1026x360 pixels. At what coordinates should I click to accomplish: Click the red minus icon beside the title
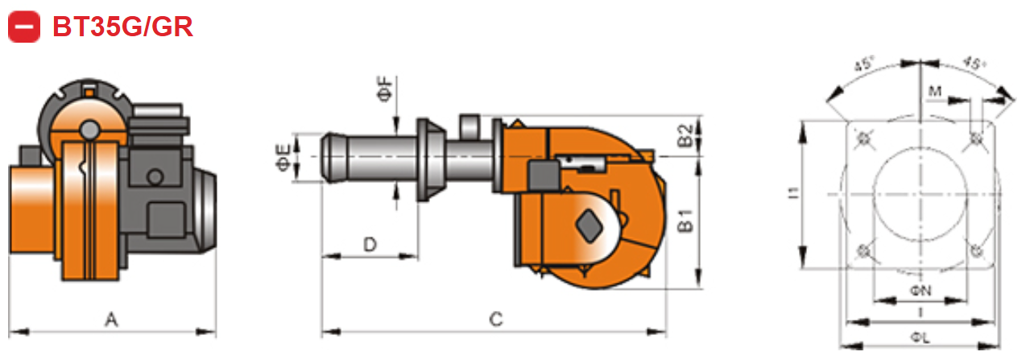click(x=24, y=27)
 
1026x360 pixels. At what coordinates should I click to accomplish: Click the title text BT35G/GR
click(x=122, y=27)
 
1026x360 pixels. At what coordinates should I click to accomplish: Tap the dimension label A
click(x=112, y=321)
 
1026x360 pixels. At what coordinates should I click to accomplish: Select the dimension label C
click(x=496, y=321)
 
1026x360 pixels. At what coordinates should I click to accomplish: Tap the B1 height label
click(x=685, y=221)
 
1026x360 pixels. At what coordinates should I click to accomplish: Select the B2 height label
click(x=685, y=136)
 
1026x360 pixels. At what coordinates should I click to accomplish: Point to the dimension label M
click(x=935, y=92)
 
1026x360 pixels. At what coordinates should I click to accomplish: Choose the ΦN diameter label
click(x=920, y=289)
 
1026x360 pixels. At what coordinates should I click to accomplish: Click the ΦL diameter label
click(x=920, y=339)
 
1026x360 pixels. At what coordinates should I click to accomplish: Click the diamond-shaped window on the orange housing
click(x=590, y=225)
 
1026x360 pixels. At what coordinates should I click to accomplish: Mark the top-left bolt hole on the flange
click(x=865, y=139)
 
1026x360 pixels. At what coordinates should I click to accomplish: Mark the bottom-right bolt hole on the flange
click(x=976, y=251)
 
